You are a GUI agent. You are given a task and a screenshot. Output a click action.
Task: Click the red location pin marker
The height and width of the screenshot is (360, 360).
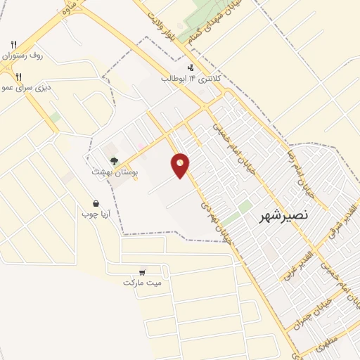[x=181, y=165]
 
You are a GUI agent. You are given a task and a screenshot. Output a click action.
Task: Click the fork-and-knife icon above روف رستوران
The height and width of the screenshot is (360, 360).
[x=13, y=45]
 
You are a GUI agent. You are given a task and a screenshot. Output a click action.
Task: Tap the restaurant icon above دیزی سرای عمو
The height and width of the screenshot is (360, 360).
[x=20, y=77]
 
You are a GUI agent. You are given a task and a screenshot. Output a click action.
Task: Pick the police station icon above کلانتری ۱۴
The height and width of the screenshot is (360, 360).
[x=191, y=68]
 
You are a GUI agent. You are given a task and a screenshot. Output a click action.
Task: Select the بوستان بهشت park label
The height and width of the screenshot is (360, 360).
[x=116, y=171]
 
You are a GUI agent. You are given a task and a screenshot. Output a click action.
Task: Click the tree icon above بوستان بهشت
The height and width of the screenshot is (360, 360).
[x=114, y=161]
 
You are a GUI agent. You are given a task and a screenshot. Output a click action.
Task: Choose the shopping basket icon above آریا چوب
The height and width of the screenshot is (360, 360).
[x=95, y=203]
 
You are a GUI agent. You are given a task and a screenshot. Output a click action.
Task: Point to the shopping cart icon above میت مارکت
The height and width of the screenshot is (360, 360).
[x=142, y=272]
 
